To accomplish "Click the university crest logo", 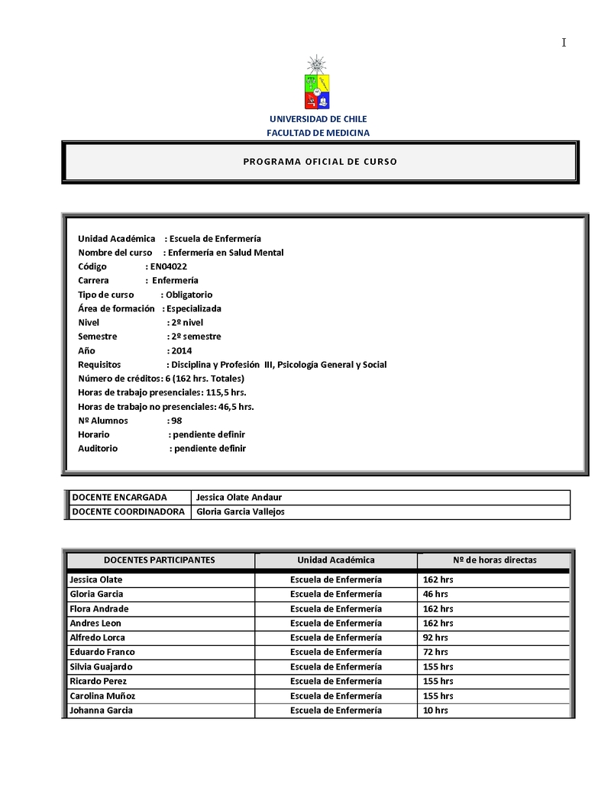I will point(318,84).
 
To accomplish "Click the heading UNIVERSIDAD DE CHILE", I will point(318,119).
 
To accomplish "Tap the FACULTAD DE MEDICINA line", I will point(318,133).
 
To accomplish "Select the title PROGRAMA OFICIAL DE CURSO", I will point(320,162).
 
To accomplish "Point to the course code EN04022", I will point(169,266).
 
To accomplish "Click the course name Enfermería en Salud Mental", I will point(225,253).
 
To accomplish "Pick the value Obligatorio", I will point(189,295).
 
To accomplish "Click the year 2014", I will point(182,350).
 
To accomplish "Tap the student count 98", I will point(176,421).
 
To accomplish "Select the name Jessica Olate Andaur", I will point(239,498).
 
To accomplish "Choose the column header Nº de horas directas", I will point(494,560).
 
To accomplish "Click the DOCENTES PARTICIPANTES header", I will point(160,560).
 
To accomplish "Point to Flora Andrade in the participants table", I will point(99,609).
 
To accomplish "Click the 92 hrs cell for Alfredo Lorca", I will point(435,637).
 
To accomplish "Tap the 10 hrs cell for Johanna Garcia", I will point(435,711).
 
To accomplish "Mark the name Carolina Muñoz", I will point(102,696).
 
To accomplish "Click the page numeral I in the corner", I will point(564,43).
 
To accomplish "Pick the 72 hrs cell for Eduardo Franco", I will point(435,652).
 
